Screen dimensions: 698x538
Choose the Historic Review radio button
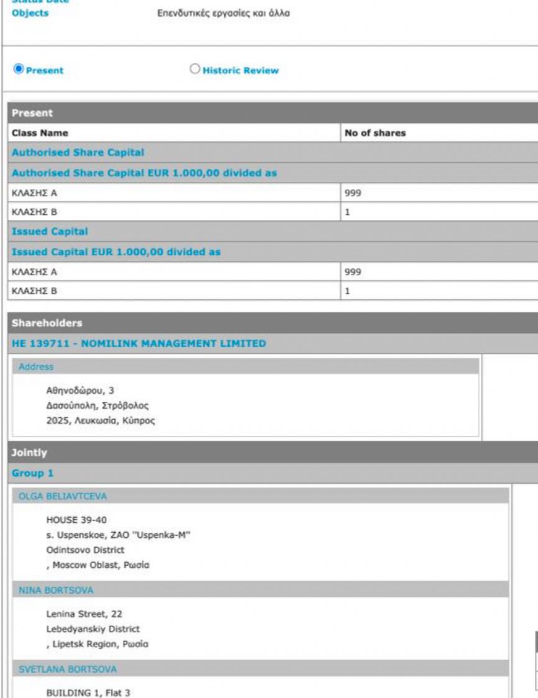pyautogui.click(x=195, y=70)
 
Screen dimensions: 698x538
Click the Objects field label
pyautogui.click(x=30, y=13)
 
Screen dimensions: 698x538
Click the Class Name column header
pyautogui.click(x=40, y=133)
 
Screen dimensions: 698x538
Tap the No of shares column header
pyautogui.click(x=375, y=133)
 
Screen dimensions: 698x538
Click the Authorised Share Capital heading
pyautogui.click(x=78, y=152)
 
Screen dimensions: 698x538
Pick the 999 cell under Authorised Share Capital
pyautogui.click(x=353, y=193)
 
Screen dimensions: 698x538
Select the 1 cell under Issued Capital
pyautogui.click(x=349, y=290)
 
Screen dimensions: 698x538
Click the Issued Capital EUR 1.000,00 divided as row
pyautogui.click(x=116, y=252)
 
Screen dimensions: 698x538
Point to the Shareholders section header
pyautogui.click(x=47, y=323)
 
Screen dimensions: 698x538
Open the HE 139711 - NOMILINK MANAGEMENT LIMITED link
pyautogui.click(x=139, y=343)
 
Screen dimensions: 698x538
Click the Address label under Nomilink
pyautogui.click(x=36, y=367)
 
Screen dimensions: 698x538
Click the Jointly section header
pyautogui.click(x=29, y=453)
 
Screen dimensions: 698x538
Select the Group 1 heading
pyautogui.click(x=32, y=473)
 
